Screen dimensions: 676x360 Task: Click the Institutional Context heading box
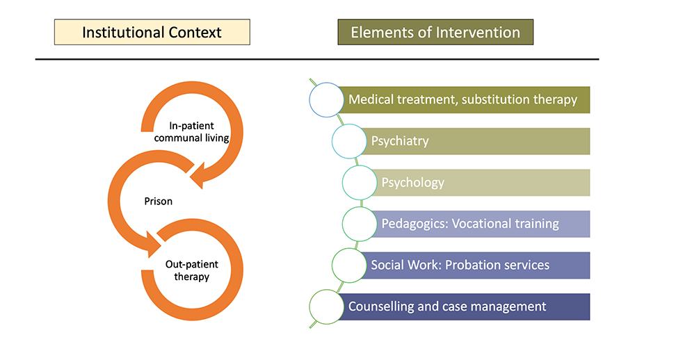coord(152,32)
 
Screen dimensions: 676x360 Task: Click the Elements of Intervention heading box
coord(435,32)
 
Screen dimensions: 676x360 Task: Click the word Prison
coord(159,201)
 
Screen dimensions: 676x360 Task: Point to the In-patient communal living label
coord(191,132)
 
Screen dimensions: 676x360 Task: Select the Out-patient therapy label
coord(192,270)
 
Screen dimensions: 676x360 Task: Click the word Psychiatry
coord(400,141)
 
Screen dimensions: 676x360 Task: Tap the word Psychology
coord(412,183)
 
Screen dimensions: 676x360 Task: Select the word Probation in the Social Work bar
coord(470,265)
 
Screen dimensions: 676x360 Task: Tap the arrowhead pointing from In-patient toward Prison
coord(197,176)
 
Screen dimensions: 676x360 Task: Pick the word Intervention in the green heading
coord(478,32)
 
